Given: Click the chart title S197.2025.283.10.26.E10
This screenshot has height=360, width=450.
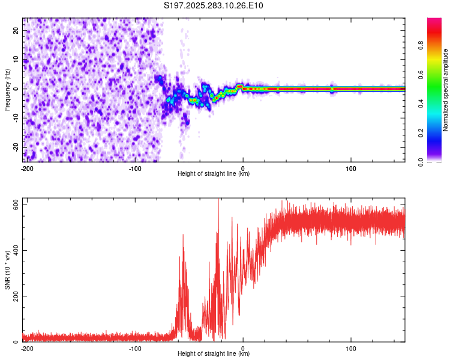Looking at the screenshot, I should (214, 5).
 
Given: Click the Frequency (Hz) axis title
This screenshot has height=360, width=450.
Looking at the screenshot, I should (7, 89).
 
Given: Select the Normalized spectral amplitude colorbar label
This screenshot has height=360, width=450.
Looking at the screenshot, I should (446, 90).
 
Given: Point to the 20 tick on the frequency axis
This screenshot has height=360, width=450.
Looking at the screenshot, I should (17, 31).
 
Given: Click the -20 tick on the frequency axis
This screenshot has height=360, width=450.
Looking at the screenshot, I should (16, 147).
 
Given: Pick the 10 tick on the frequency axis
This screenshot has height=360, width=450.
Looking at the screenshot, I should (17, 60).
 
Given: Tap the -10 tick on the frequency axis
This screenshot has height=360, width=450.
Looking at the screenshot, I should (16, 118).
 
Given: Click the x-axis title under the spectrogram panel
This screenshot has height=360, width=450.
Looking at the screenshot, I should (214, 174).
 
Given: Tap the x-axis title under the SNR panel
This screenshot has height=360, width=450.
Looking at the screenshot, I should (214, 354).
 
